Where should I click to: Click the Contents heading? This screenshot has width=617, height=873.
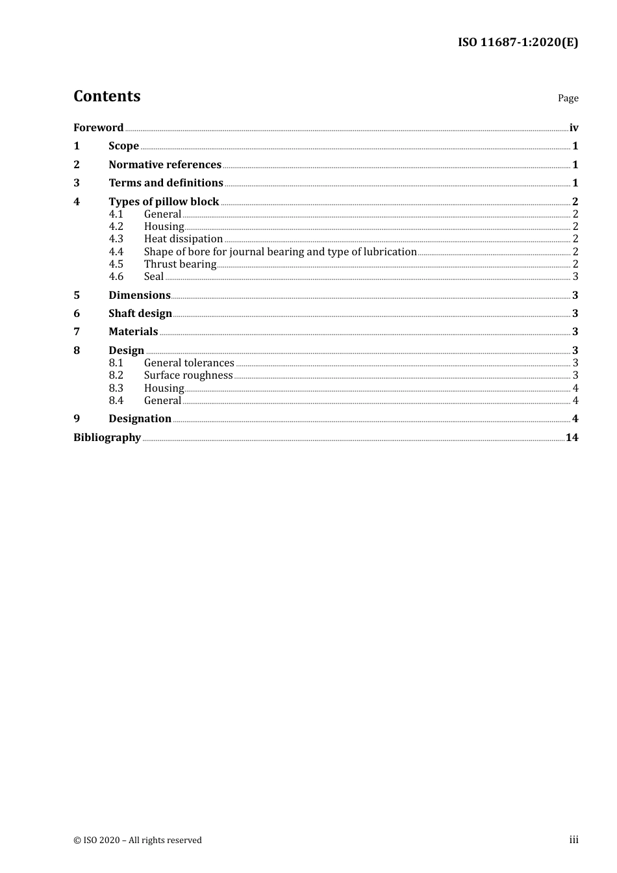[x=107, y=96]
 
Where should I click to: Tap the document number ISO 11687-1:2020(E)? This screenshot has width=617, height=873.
[x=518, y=42]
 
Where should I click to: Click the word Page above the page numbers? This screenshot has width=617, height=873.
[x=568, y=98]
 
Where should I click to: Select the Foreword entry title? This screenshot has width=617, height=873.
[x=98, y=127]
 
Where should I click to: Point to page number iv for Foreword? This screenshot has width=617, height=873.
[x=573, y=127]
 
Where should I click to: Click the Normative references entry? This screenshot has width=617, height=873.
[x=165, y=164]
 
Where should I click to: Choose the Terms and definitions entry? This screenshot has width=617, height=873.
[x=166, y=183]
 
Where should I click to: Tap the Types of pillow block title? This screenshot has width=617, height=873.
[x=164, y=201]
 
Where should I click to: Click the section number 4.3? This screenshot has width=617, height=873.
[x=116, y=238]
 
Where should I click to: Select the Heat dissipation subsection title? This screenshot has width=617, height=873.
[x=183, y=238]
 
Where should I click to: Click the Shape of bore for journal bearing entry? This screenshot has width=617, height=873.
[x=280, y=251]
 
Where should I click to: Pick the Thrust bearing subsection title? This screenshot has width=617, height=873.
[x=180, y=264]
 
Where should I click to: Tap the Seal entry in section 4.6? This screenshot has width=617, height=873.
[x=154, y=276]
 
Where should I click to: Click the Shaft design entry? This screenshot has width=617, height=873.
[x=140, y=313]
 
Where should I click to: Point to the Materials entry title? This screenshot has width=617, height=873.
[x=133, y=331]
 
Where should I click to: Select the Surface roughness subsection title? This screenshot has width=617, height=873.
[x=188, y=375]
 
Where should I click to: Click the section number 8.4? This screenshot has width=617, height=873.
[x=116, y=400]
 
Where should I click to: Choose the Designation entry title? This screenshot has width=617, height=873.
[x=140, y=418]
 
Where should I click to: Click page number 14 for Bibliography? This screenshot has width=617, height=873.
[x=572, y=437]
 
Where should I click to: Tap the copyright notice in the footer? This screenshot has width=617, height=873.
[x=138, y=840]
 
